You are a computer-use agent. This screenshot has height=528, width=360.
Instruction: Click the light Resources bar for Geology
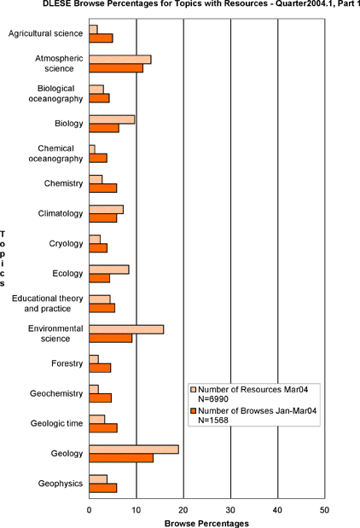point(134,450)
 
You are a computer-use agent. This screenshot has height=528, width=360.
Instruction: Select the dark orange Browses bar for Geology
point(121,458)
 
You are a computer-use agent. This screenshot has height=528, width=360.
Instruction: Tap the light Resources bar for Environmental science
point(126,329)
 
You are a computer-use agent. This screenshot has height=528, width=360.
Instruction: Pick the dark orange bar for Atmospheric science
point(116,68)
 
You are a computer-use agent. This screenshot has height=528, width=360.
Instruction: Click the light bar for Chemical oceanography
point(92,149)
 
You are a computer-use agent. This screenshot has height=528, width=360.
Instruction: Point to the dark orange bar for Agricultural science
point(101,38)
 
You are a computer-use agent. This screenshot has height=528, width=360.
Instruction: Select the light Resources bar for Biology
point(112,119)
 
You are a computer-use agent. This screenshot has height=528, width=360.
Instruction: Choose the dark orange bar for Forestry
point(100,368)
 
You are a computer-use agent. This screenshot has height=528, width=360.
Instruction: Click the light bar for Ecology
point(109,270)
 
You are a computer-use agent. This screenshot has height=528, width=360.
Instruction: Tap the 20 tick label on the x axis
point(183,510)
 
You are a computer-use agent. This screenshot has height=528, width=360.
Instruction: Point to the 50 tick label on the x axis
point(324,510)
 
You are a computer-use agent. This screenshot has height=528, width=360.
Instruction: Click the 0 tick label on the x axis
point(90,510)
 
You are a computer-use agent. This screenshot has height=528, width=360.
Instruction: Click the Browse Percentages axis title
point(206,524)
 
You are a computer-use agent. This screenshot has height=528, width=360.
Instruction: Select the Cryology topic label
point(66,243)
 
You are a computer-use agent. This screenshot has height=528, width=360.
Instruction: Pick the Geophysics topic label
point(61,484)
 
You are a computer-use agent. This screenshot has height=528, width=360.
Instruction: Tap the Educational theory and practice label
point(48,304)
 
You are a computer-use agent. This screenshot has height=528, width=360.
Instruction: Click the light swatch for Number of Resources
point(193,390)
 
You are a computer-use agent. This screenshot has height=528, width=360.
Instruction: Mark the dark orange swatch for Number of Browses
point(193,411)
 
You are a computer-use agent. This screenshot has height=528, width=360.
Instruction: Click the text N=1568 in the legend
point(213,421)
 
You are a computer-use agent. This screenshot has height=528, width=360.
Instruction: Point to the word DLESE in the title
point(54,3)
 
